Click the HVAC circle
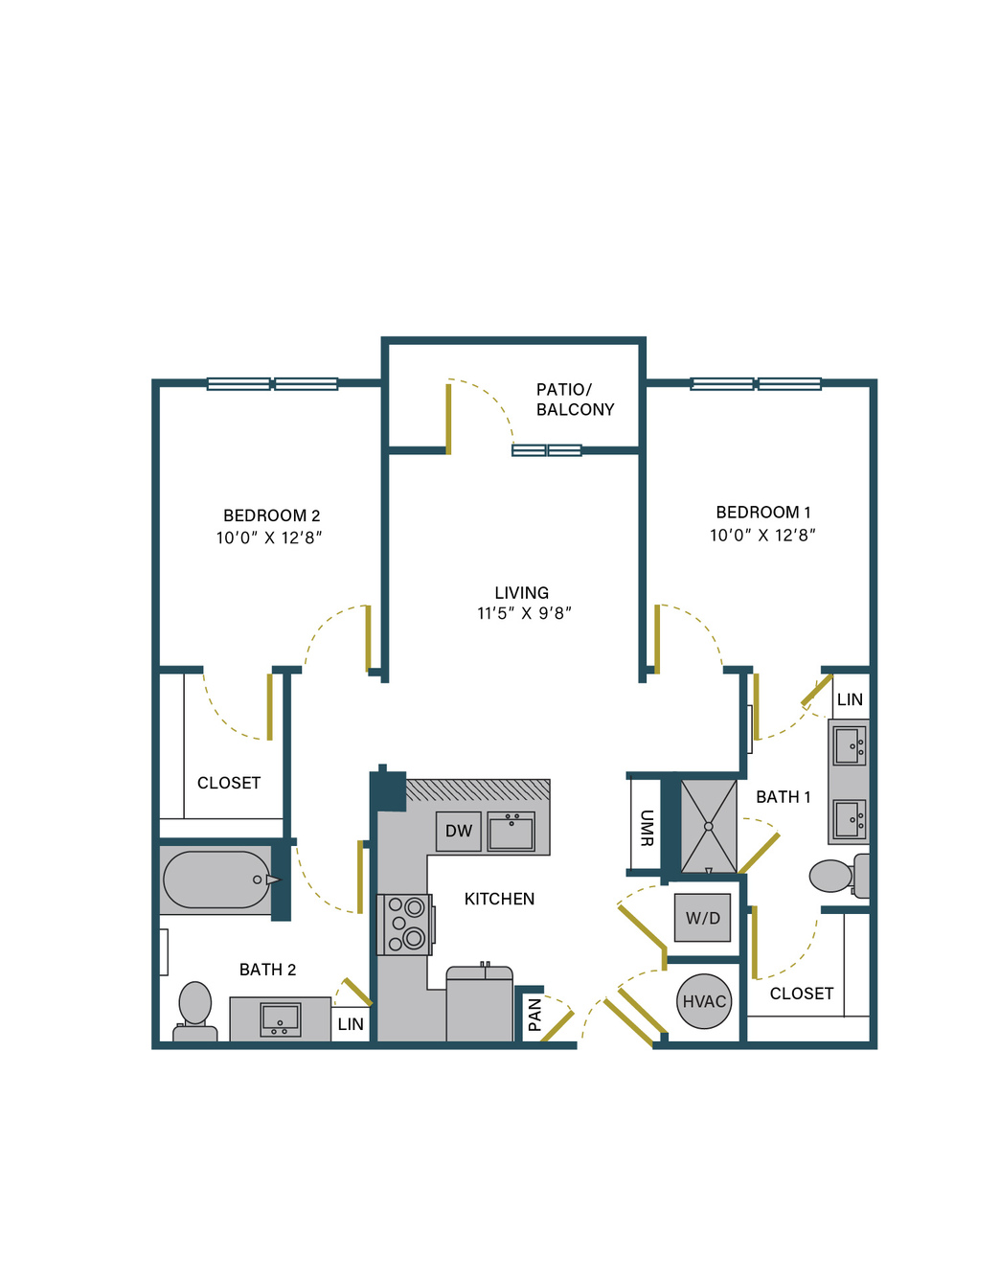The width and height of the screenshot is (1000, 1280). (x=704, y=1001)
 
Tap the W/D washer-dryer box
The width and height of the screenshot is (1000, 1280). (x=702, y=917)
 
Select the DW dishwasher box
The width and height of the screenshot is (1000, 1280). (x=458, y=832)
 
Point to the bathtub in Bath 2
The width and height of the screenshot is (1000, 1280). (x=217, y=880)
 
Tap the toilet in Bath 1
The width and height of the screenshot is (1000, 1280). (x=839, y=876)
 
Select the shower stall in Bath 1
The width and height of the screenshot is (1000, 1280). (x=709, y=827)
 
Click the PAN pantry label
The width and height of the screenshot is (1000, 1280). (x=534, y=1015)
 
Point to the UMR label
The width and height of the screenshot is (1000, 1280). (x=647, y=828)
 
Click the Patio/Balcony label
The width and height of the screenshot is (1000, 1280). (x=575, y=400)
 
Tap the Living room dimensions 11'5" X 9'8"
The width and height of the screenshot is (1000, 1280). (x=524, y=613)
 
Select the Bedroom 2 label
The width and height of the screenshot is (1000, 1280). (x=271, y=515)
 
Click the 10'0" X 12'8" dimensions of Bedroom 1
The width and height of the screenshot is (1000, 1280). (x=762, y=535)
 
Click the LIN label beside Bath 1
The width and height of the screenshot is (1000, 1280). (x=850, y=699)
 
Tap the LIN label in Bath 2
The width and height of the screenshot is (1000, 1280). (x=351, y=1024)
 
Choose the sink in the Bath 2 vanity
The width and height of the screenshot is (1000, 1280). (x=281, y=1019)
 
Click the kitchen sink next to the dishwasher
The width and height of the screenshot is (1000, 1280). (x=511, y=832)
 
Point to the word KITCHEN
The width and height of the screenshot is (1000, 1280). (x=499, y=899)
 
